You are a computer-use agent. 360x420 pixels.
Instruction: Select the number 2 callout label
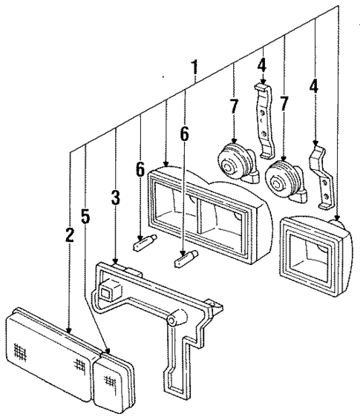[68, 236]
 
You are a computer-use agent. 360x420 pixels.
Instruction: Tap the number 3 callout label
[115, 198]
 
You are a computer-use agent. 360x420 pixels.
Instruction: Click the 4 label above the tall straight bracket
[261, 65]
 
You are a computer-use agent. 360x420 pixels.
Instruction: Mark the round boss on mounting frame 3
[176, 319]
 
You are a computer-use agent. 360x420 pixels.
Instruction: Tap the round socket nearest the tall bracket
[233, 160]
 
